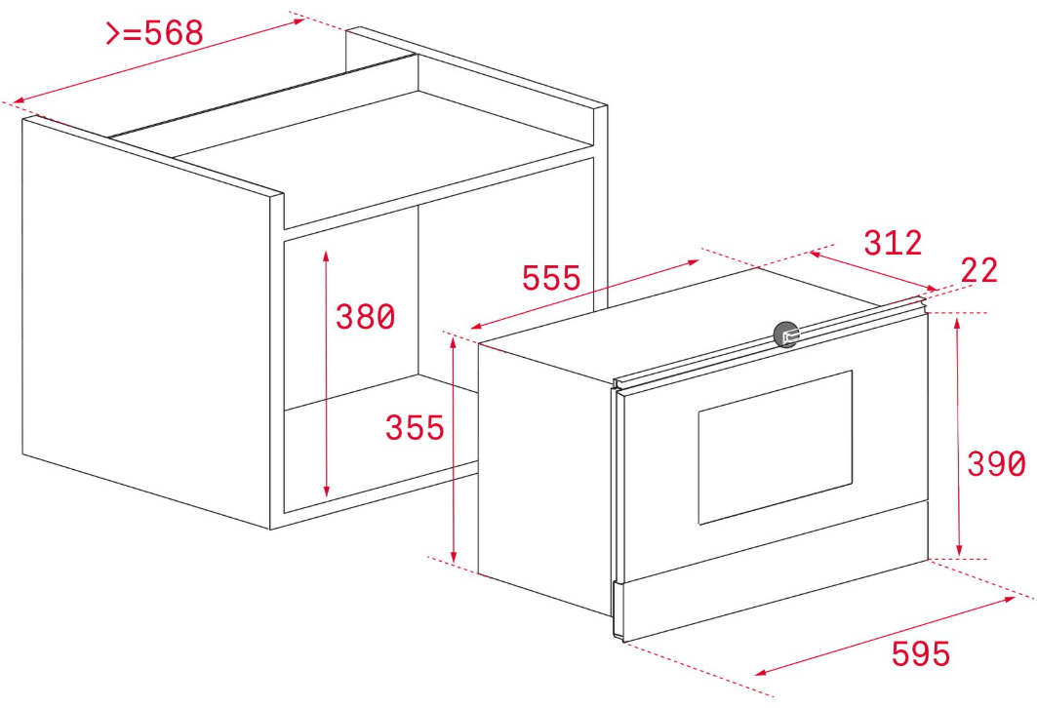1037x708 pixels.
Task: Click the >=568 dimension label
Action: (x=154, y=32)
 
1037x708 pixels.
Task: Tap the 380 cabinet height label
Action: (x=365, y=317)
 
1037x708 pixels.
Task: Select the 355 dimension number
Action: (x=415, y=428)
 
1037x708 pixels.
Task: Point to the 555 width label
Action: (x=551, y=278)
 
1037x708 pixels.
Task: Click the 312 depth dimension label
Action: (x=893, y=243)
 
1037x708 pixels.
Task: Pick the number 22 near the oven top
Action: (x=978, y=270)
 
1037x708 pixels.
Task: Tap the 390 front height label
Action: (x=996, y=463)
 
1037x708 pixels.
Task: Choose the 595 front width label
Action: (x=921, y=653)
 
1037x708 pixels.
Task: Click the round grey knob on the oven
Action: (x=786, y=334)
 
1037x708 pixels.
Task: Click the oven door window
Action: (x=776, y=448)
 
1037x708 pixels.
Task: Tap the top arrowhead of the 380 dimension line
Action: (x=326, y=256)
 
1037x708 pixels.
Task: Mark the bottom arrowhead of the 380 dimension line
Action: (x=326, y=492)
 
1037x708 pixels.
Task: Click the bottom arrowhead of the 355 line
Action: (x=454, y=558)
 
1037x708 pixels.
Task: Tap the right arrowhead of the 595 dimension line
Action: (x=1010, y=599)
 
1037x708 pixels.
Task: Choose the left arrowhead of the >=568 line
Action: (x=19, y=100)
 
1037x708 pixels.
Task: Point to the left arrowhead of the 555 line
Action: (x=475, y=327)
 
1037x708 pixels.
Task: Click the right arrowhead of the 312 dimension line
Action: (x=933, y=289)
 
